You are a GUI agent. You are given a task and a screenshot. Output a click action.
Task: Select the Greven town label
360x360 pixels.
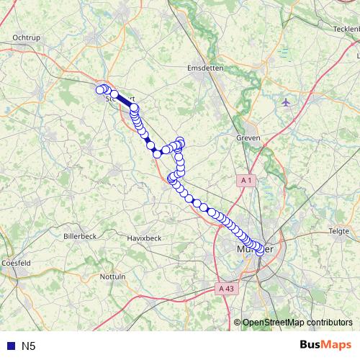click(248, 138)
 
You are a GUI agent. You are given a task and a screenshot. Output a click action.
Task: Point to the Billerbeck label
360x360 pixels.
click(80, 236)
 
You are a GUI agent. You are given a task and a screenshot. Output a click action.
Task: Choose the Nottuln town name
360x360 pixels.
click(113, 276)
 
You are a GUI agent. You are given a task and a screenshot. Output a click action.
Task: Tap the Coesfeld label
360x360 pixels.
click(16, 264)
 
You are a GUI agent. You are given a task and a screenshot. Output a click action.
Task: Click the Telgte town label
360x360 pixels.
click(338, 231)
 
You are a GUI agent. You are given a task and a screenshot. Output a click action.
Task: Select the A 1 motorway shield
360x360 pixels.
click(247, 180)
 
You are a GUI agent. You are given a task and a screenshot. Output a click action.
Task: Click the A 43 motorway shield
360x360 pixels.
click(226, 288)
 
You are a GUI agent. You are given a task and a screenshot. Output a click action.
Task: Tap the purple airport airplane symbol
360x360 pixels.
click(287, 102)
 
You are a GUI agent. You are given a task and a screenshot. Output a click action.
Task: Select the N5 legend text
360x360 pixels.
click(29, 346)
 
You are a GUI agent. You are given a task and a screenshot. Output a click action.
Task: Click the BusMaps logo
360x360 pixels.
click(326, 345)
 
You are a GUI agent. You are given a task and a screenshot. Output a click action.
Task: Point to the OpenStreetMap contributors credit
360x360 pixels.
click(297, 323)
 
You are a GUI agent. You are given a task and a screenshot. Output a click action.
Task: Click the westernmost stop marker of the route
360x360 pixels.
click(100, 89)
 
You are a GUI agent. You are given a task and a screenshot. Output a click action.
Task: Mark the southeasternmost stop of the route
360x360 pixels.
click(260, 252)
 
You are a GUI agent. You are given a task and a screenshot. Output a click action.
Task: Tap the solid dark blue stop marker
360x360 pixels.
click(152, 148)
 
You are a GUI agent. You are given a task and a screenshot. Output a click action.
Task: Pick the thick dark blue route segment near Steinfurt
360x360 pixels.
click(124, 102)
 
